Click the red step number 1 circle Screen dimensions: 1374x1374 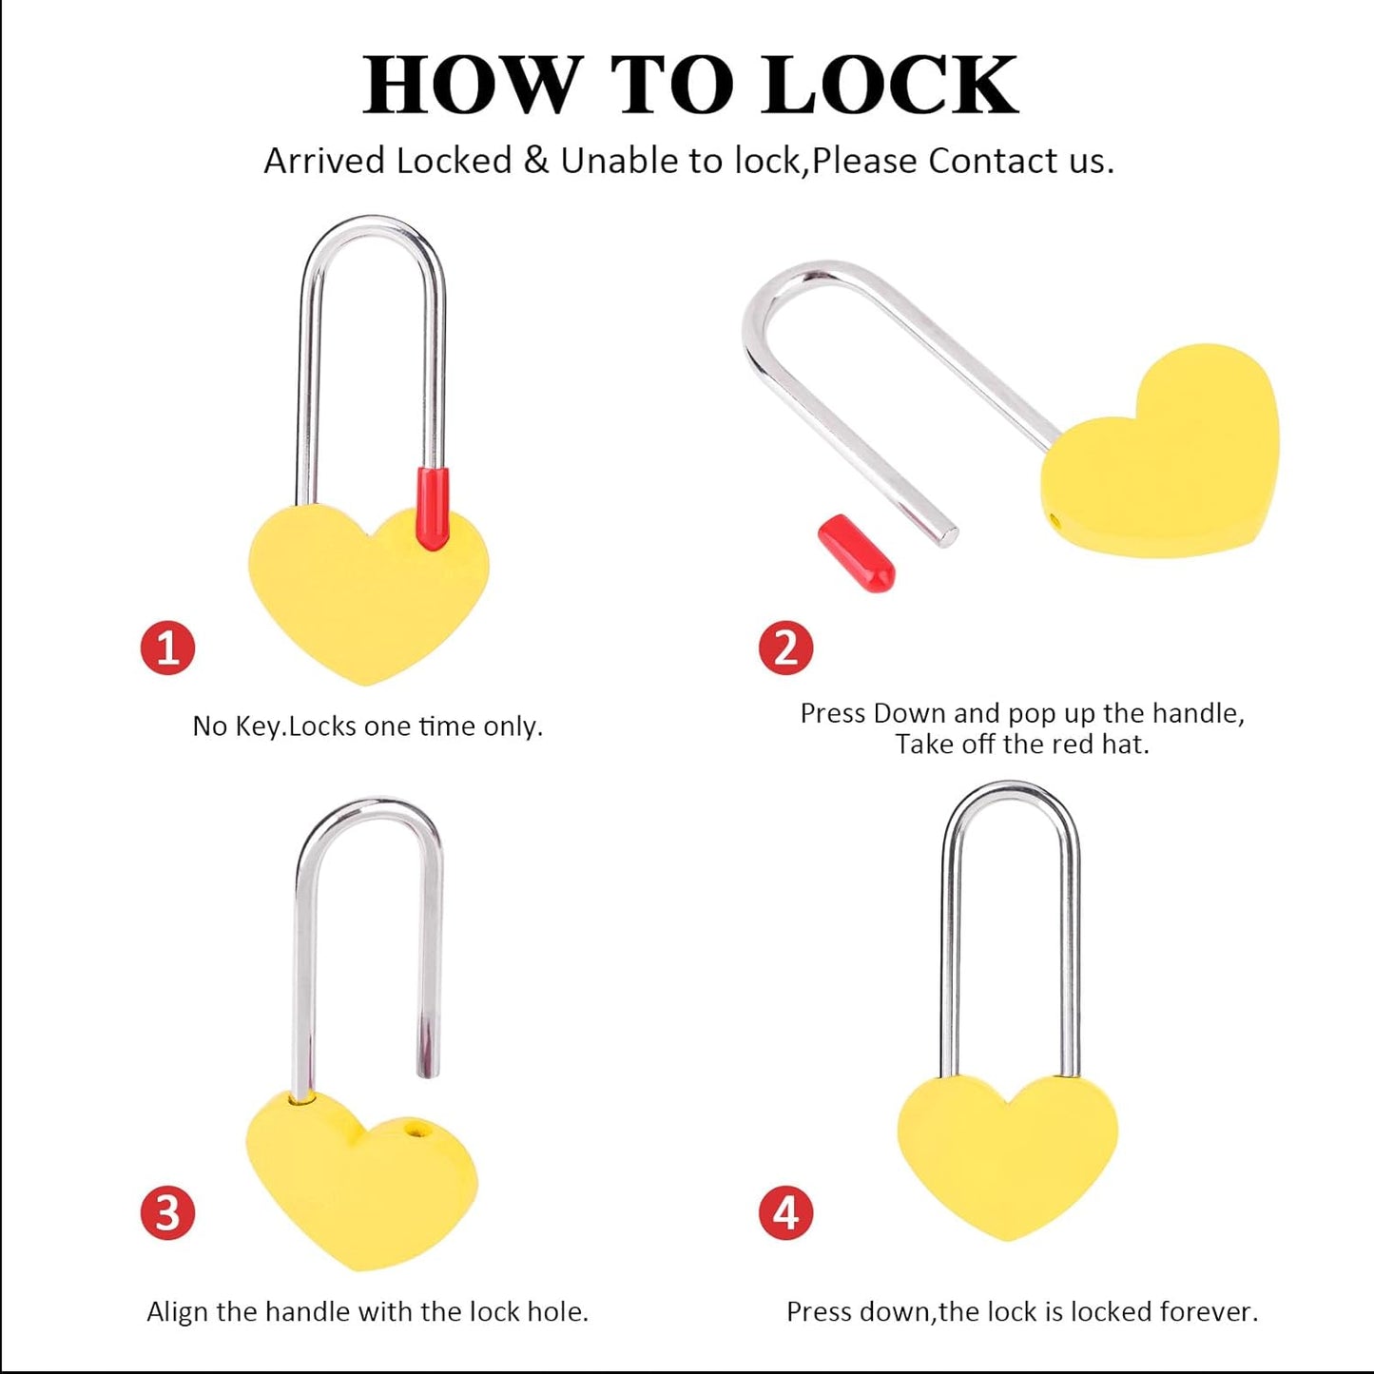click(167, 648)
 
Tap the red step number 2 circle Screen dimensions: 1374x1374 click(785, 648)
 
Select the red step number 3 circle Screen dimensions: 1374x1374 click(167, 1213)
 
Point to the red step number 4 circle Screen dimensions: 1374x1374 click(785, 1213)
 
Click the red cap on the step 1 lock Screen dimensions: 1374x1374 click(434, 508)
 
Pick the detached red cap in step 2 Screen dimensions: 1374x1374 click(856, 553)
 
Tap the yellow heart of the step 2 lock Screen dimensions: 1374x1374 click(1165, 456)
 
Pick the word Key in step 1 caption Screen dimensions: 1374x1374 click(257, 727)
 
